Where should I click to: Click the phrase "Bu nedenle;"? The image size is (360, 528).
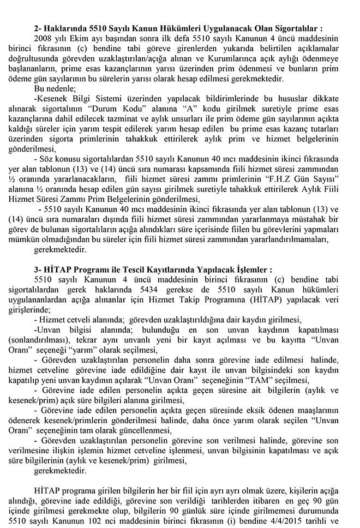(54, 88)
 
